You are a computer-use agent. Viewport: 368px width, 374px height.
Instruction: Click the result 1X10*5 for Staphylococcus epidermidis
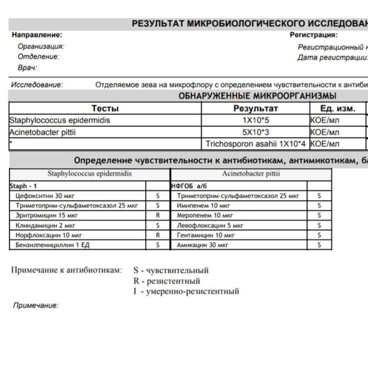pos(255,121)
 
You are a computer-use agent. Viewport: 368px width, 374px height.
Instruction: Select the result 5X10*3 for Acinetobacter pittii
pos(255,133)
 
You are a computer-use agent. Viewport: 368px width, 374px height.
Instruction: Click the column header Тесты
pos(105,109)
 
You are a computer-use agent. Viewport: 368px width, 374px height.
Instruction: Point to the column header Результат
pos(255,109)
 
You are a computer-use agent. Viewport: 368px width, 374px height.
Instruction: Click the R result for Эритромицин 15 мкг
pos(158,215)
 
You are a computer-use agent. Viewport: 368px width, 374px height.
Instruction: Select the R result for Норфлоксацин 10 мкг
pos(158,235)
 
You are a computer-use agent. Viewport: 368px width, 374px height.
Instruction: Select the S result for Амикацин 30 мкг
pos(319,245)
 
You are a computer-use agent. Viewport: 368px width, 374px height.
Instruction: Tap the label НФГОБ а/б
pos(188,186)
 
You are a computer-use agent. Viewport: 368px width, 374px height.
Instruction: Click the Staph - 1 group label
pos(22,186)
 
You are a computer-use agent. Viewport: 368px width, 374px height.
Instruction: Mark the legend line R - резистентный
pos(166,281)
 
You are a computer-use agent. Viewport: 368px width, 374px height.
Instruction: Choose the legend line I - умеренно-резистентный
pos(185,291)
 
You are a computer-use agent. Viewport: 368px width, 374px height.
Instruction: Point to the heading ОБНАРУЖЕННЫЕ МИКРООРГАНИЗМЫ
pos(257,96)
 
